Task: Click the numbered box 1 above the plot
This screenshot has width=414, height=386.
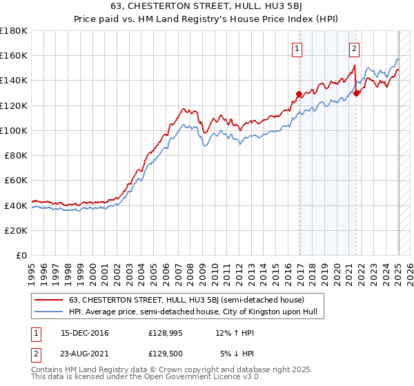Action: pyautogui.click(x=296, y=48)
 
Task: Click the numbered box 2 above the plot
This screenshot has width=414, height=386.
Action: pyautogui.click(x=354, y=48)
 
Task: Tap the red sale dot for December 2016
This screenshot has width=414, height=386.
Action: pyautogui.click(x=299, y=94)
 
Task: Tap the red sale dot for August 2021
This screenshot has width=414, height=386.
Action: pyautogui.click(x=356, y=94)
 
